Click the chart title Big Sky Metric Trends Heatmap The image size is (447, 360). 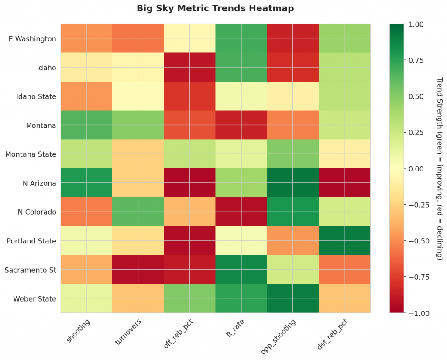pyautogui.click(x=215, y=8)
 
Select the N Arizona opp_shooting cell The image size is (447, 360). pyautogui.click(x=293, y=183)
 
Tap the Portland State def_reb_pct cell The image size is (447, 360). pyautogui.click(x=344, y=241)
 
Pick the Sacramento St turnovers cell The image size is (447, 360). pyautogui.click(x=138, y=270)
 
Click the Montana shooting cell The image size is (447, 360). pyautogui.click(x=86, y=125)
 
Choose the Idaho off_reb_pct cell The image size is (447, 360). pyautogui.click(x=189, y=68)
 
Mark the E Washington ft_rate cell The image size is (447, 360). pyautogui.click(x=241, y=39)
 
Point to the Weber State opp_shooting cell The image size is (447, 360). pyautogui.click(x=293, y=298)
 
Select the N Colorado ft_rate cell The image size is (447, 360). pyautogui.click(x=241, y=212)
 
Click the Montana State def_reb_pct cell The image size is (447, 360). pyautogui.click(x=344, y=154)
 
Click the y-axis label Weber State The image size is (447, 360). pyautogui.click(x=34, y=298)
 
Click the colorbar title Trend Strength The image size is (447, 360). pyautogui.click(x=439, y=169)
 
